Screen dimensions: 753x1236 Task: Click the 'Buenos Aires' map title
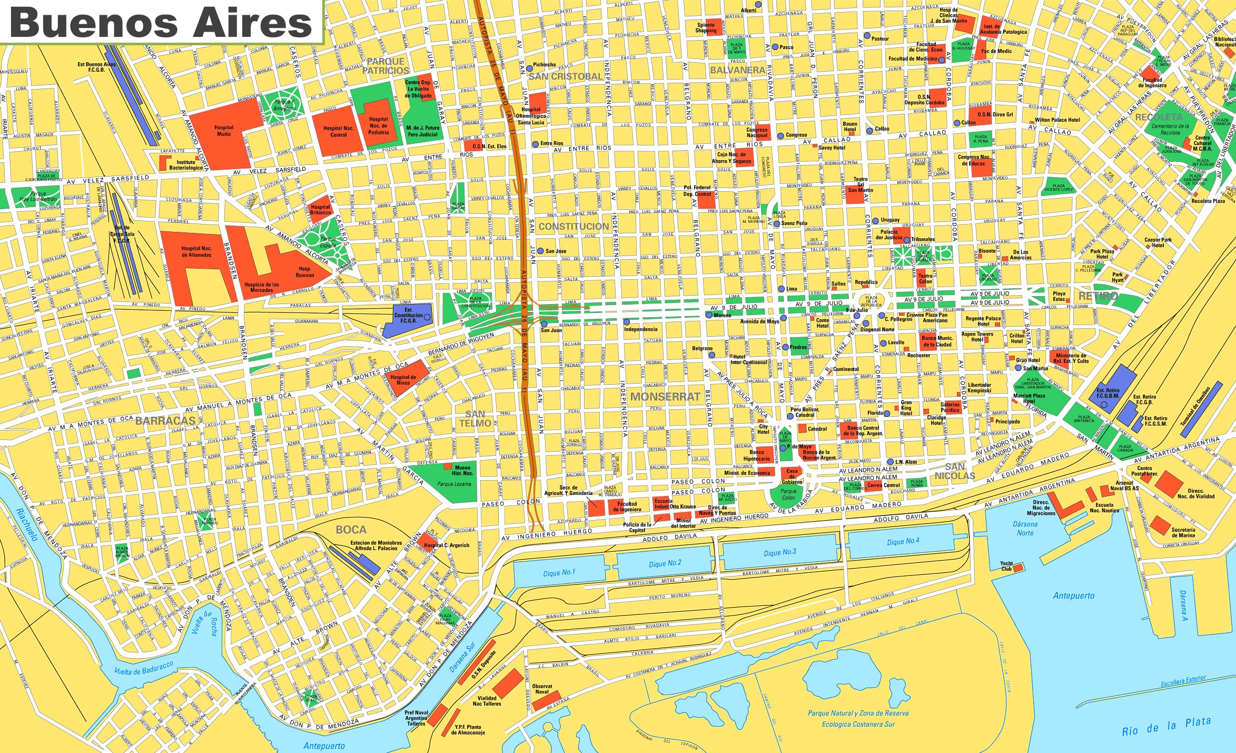(x=161, y=22)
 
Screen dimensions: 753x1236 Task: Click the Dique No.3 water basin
(x=780, y=552)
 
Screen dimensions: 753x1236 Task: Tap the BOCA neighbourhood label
(x=351, y=530)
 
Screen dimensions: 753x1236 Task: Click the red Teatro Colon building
(x=925, y=278)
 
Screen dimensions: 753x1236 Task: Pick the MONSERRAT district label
(x=665, y=397)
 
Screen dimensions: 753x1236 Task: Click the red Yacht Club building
(x=1018, y=568)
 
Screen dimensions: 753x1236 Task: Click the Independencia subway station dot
(x=627, y=321)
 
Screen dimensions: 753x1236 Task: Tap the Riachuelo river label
(x=26, y=524)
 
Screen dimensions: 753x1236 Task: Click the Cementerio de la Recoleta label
(x=1170, y=129)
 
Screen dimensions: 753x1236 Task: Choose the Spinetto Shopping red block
(x=706, y=28)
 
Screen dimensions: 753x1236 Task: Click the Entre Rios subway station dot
(x=535, y=144)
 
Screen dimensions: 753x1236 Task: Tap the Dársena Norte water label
(x=1025, y=528)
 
